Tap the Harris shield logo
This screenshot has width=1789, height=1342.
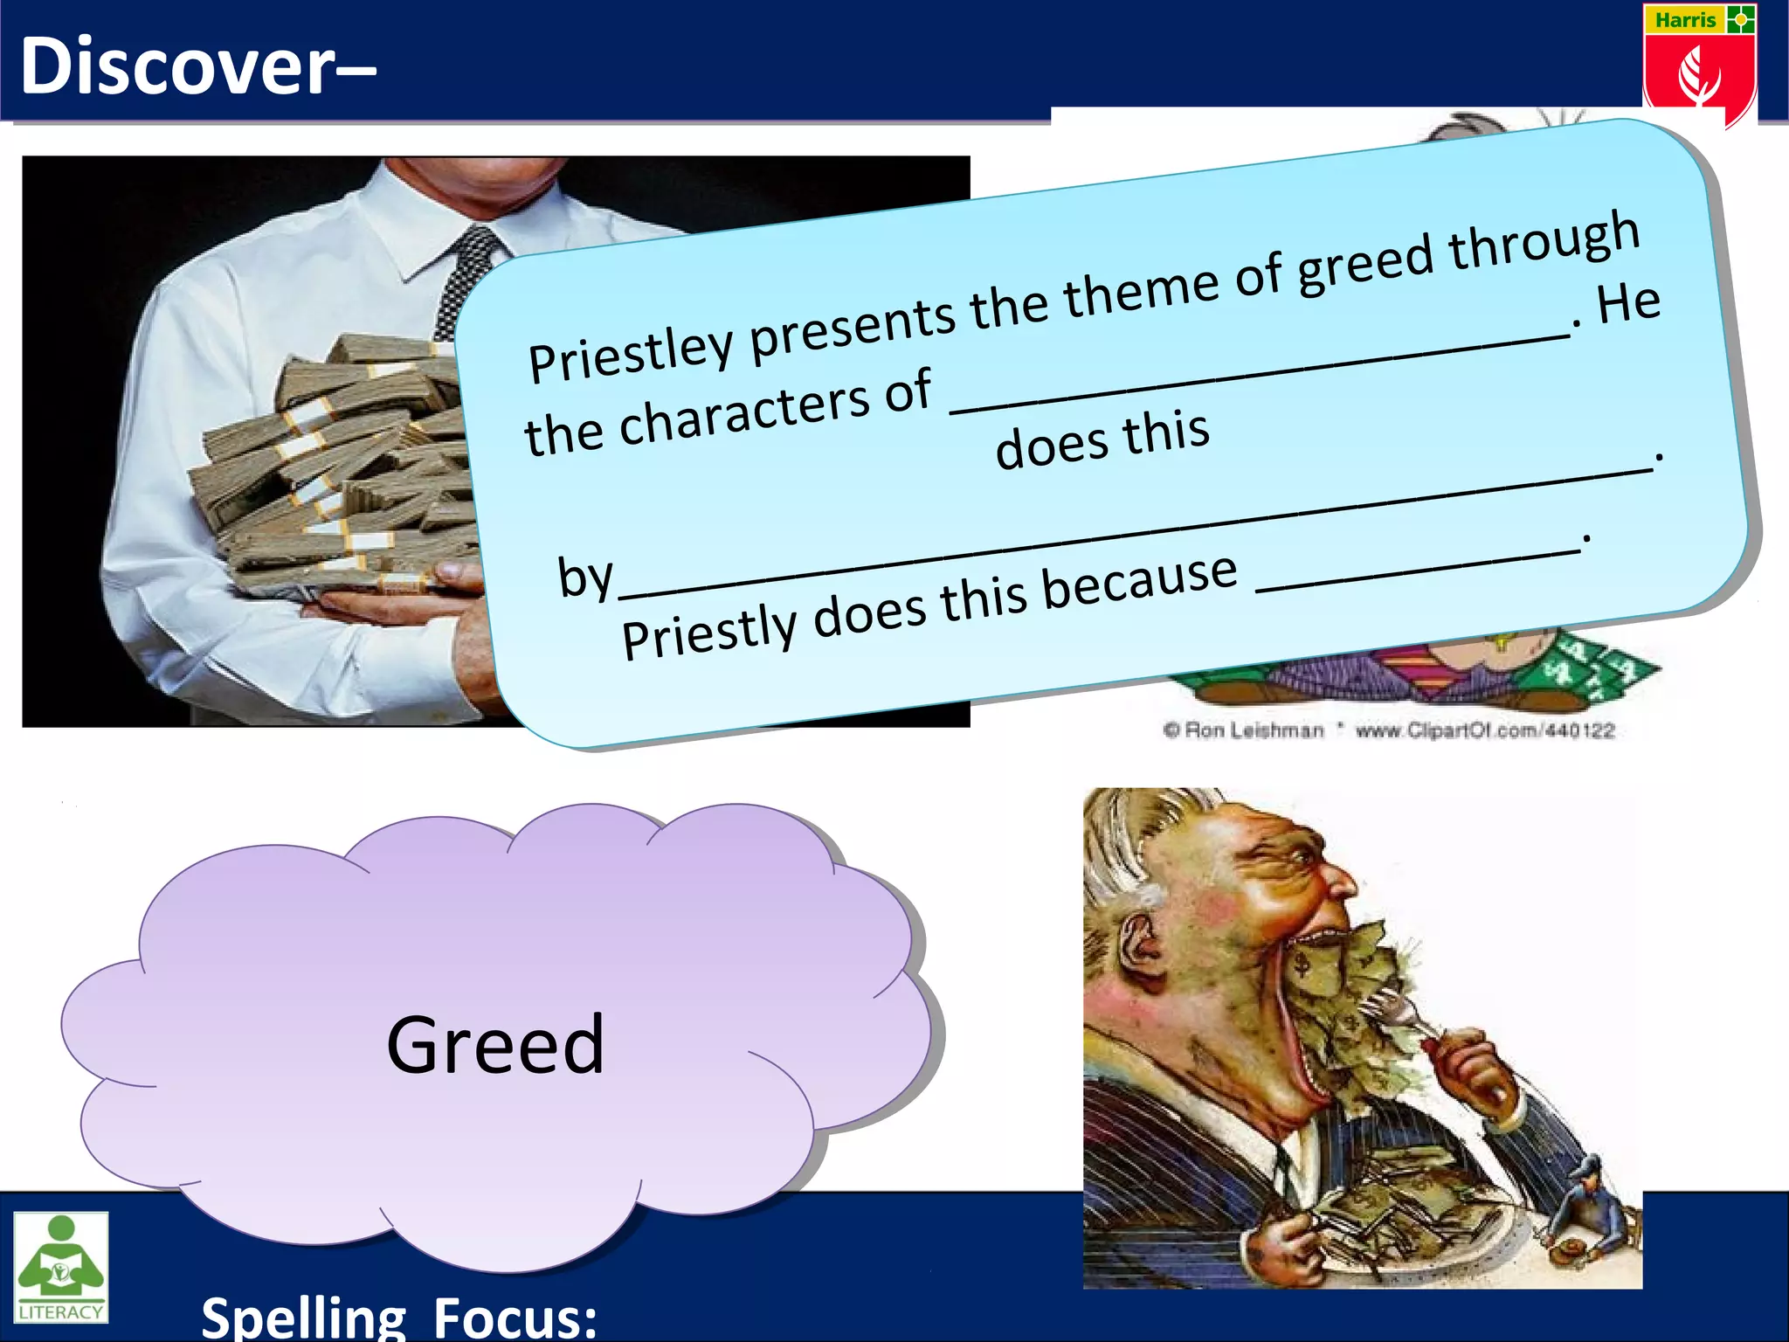click(x=1699, y=66)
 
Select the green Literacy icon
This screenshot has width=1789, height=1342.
click(x=60, y=1266)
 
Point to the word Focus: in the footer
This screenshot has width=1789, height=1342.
click(x=515, y=1317)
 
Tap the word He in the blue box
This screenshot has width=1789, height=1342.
click(x=1628, y=305)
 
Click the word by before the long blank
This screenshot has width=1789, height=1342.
click(x=585, y=578)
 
